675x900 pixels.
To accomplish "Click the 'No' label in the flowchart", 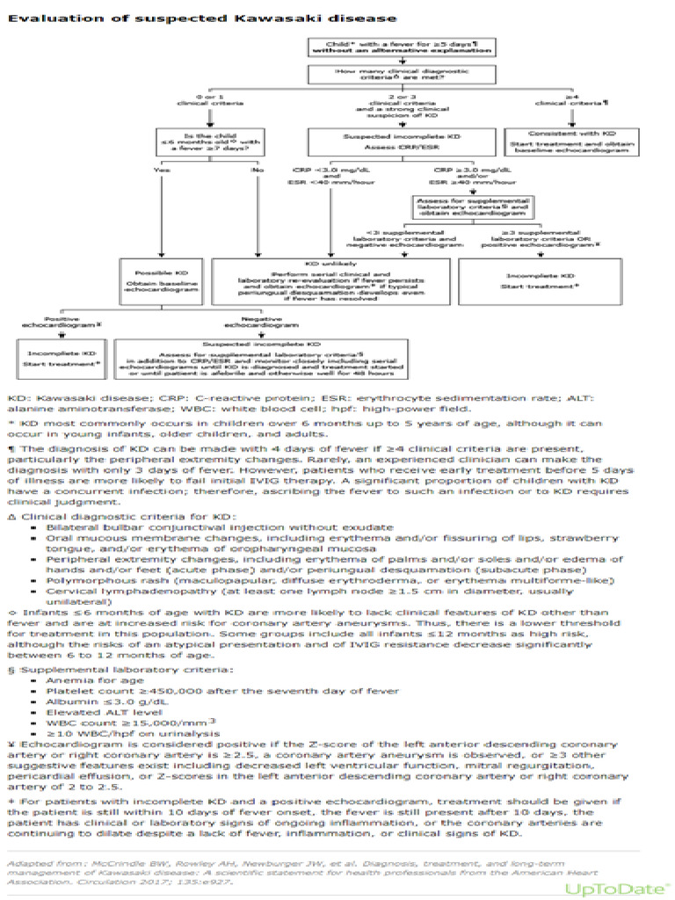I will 258,170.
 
